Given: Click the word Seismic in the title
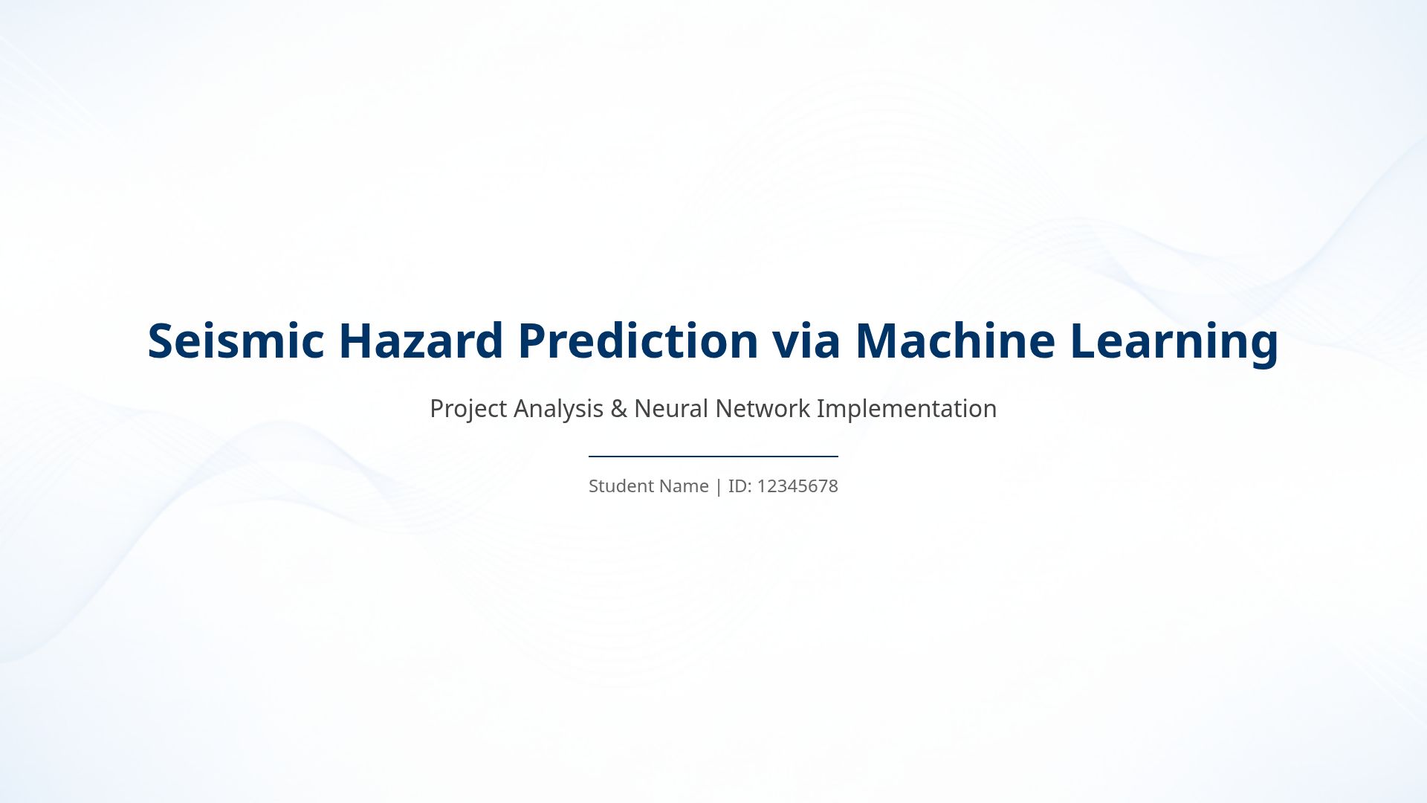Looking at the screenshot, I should click(x=236, y=341).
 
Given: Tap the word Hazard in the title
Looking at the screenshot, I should click(x=421, y=341).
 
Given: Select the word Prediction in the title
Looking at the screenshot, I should click(x=638, y=341).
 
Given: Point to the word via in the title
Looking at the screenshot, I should click(x=806, y=341).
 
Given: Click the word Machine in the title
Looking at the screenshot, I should click(x=955, y=341).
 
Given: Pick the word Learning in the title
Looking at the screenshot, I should click(x=1174, y=342).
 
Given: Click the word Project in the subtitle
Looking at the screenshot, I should click(x=468, y=409).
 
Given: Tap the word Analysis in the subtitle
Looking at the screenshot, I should click(x=558, y=409).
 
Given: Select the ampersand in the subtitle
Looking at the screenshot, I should click(x=618, y=409).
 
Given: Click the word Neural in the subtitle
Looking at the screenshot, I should click(x=671, y=408).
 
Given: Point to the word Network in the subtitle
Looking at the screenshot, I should click(x=763, y=408).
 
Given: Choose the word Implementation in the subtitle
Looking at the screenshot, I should click(x=907, y=409).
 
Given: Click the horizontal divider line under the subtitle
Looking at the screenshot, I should click(x=713, y=457).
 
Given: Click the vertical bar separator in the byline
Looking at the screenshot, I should click(x=718, y=487).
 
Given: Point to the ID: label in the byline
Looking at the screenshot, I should click(x=740, y=486).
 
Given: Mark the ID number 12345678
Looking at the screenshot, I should click(x=797, y=486).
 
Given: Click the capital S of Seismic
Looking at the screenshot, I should click(x=161, y=341).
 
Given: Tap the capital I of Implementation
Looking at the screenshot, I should click(x=820, y=408).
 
